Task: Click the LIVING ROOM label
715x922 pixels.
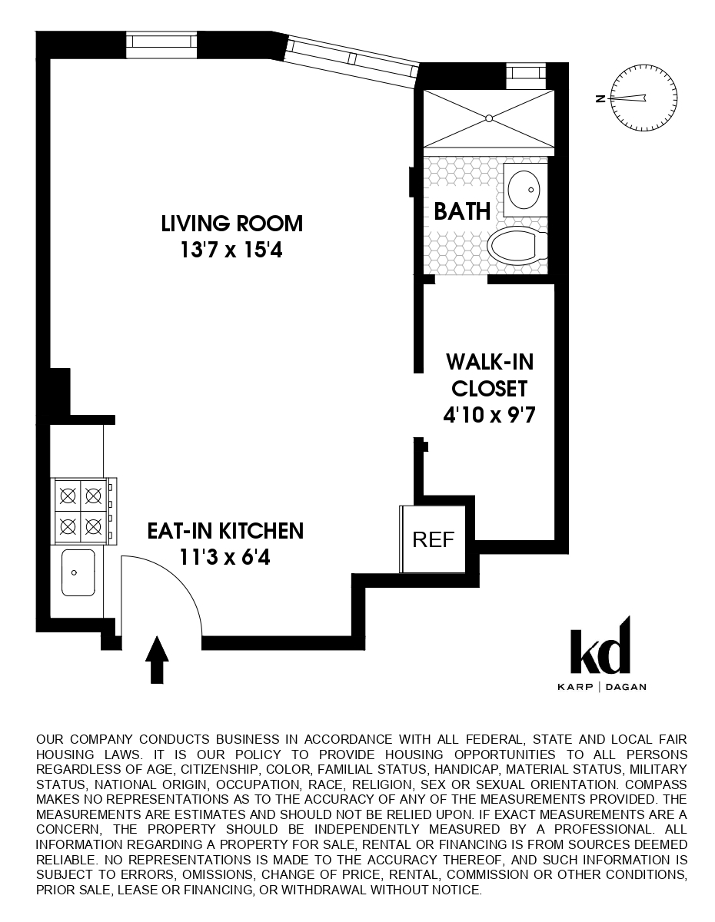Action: [x=232, y=224]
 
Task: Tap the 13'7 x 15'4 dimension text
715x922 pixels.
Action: [x=232, y=250]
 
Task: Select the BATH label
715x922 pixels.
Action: [x=462, y=211]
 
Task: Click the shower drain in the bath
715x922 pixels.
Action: [x=488, y=118]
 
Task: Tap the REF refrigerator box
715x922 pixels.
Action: [x=434, y=539]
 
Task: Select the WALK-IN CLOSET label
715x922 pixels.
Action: [x=489, y=374]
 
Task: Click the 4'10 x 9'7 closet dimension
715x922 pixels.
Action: [x=489, y=415]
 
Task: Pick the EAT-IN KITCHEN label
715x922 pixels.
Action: [x=225, y=530]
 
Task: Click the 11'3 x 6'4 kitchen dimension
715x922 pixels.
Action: [x=225, y=556]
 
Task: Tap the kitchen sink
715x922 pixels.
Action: [x=78, y=572]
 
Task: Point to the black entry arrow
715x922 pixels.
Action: [x=157, y=658]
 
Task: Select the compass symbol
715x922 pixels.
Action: [x=644, y=98]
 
